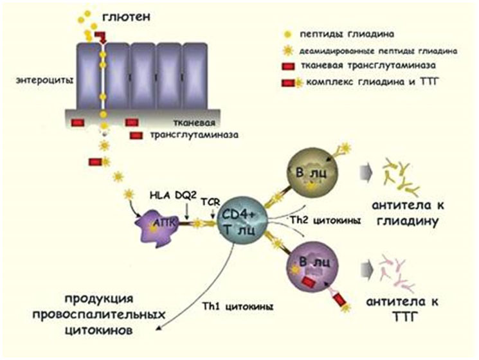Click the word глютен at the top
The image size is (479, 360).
[126, 17]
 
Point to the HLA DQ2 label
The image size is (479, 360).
[172, 195]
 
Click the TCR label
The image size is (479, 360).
[211, 201]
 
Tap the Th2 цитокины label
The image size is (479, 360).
[325, 221]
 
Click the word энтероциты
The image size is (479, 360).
[44, 80]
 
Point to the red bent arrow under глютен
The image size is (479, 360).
[100, 37]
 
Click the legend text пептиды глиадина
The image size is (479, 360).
[347, 34]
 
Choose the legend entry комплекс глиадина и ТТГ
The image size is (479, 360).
[372, 82]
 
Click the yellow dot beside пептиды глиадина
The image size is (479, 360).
[287, 34]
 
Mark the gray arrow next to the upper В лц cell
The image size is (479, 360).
[366, 172]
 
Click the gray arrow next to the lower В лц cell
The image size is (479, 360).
[366, 269]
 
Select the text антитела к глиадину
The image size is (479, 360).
[408, 213]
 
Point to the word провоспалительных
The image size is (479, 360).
[98, 314]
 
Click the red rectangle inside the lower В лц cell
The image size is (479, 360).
[309, 282]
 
